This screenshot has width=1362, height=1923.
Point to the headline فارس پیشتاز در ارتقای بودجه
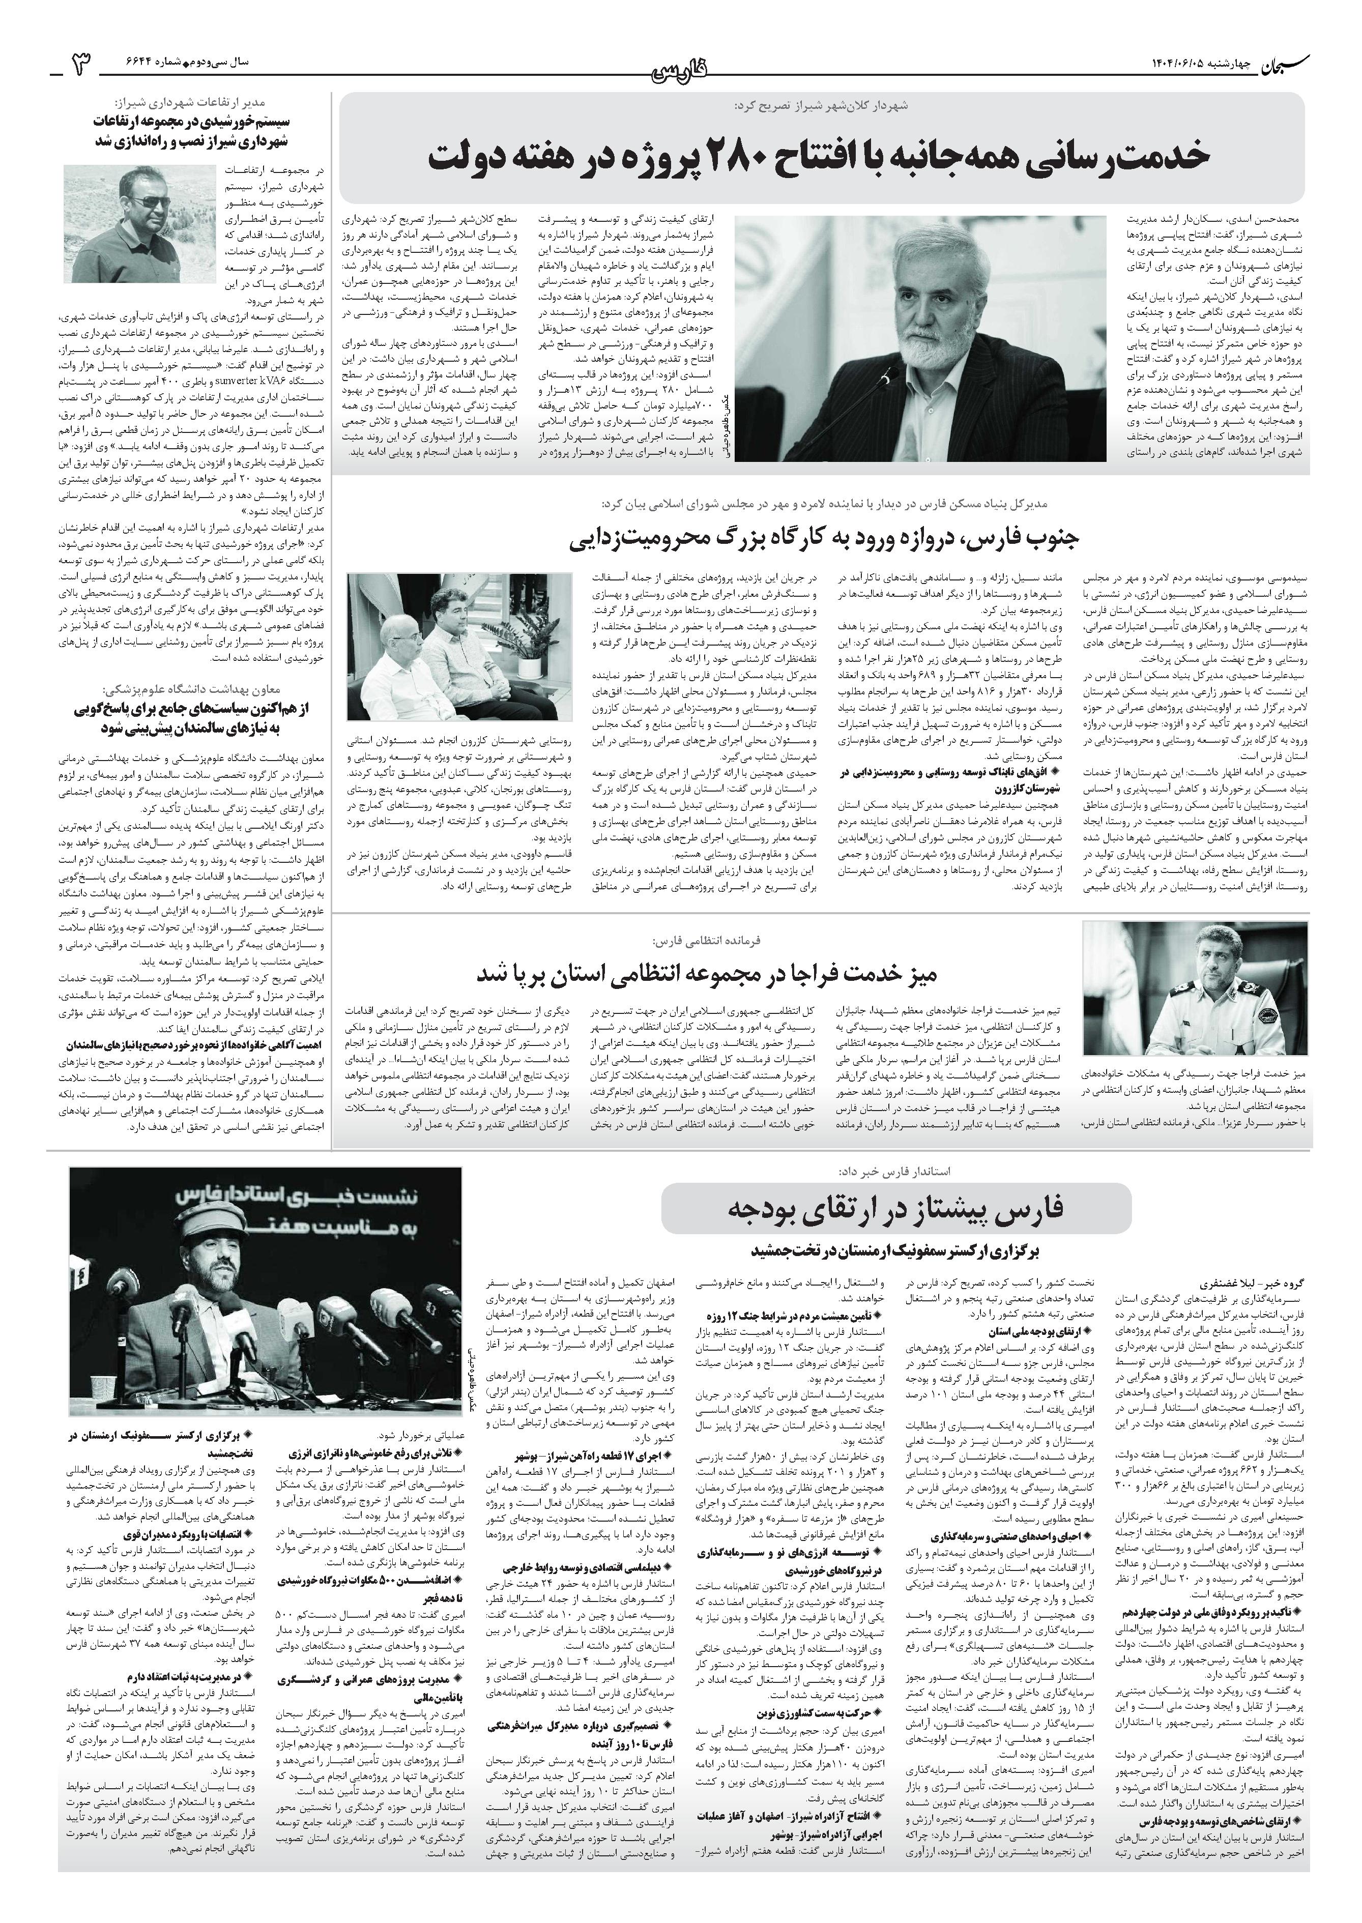coord(895,1208)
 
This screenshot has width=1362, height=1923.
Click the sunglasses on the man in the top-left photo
coord(152,202)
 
